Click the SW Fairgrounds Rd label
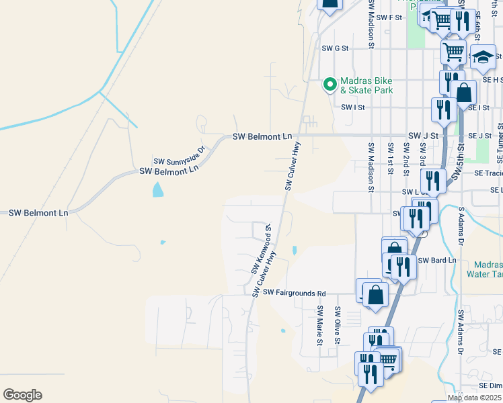coord(294,293)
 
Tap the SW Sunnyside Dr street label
coord(178,156)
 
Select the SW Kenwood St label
coord(261,249)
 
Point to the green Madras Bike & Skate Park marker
coord(330,84)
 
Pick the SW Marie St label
coord(320,327)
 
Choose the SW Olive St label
coord(338,327)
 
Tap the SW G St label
coord(335,48)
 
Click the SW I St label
coord(352,107)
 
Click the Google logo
coord(22,395)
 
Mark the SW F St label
coord(389,17)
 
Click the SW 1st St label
coord(390,158)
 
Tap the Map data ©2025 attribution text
coord(475,398)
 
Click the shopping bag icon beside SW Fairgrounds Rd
coord(376,294)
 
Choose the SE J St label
coord(481,136)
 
